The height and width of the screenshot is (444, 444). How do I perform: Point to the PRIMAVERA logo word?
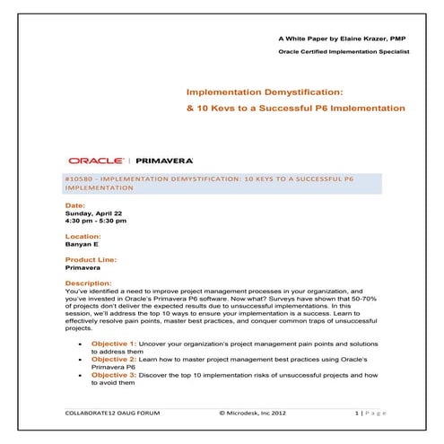point(163,160)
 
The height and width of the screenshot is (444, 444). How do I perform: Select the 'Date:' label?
point(76,205)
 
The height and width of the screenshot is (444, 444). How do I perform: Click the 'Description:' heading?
point(89,283)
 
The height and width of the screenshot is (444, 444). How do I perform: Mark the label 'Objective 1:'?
point(113,344)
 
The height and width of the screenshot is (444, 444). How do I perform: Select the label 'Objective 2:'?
point(113,359)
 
